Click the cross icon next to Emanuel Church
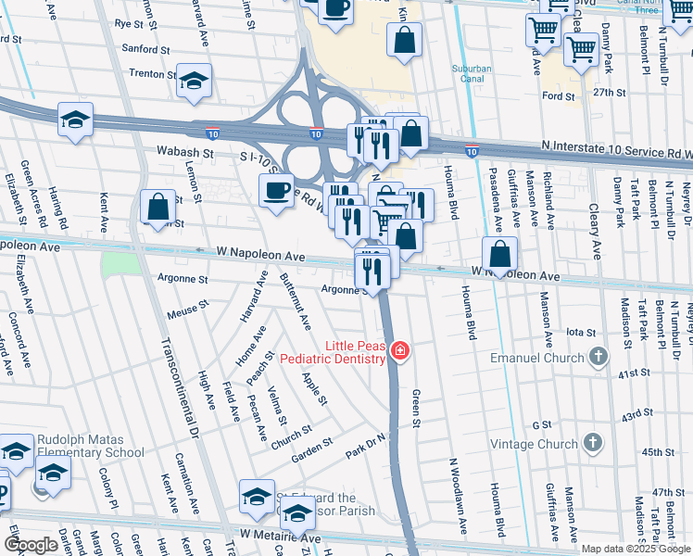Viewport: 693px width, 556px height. click(x=598, y=357)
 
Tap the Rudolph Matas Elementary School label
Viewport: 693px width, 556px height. click(x=90, y=446)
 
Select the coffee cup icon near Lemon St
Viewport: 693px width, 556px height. click(x=275, y=190)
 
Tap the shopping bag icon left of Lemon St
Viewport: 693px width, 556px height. click(x=158, y=206)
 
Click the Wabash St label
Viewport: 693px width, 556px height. click(x=190, y=153)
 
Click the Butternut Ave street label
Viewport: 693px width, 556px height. click(x=296, y=303)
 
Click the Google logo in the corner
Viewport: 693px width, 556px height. click(x=31, y=545)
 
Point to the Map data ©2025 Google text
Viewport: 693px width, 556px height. click(x=635, y=549)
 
